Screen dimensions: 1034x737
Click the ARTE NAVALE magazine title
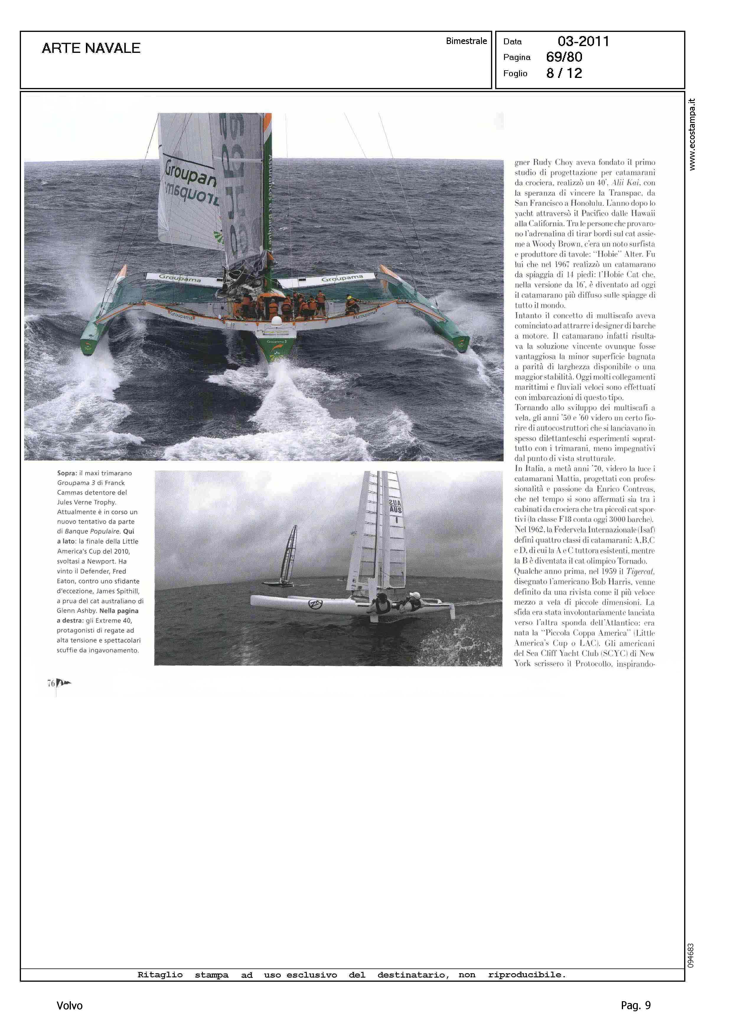91,48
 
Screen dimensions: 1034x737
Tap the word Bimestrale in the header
466,41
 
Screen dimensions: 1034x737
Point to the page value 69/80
564,57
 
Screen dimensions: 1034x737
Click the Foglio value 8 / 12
564,73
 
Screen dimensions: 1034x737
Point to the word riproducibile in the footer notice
526,975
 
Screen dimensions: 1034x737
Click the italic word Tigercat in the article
640,571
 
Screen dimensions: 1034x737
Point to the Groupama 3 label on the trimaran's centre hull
276,341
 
